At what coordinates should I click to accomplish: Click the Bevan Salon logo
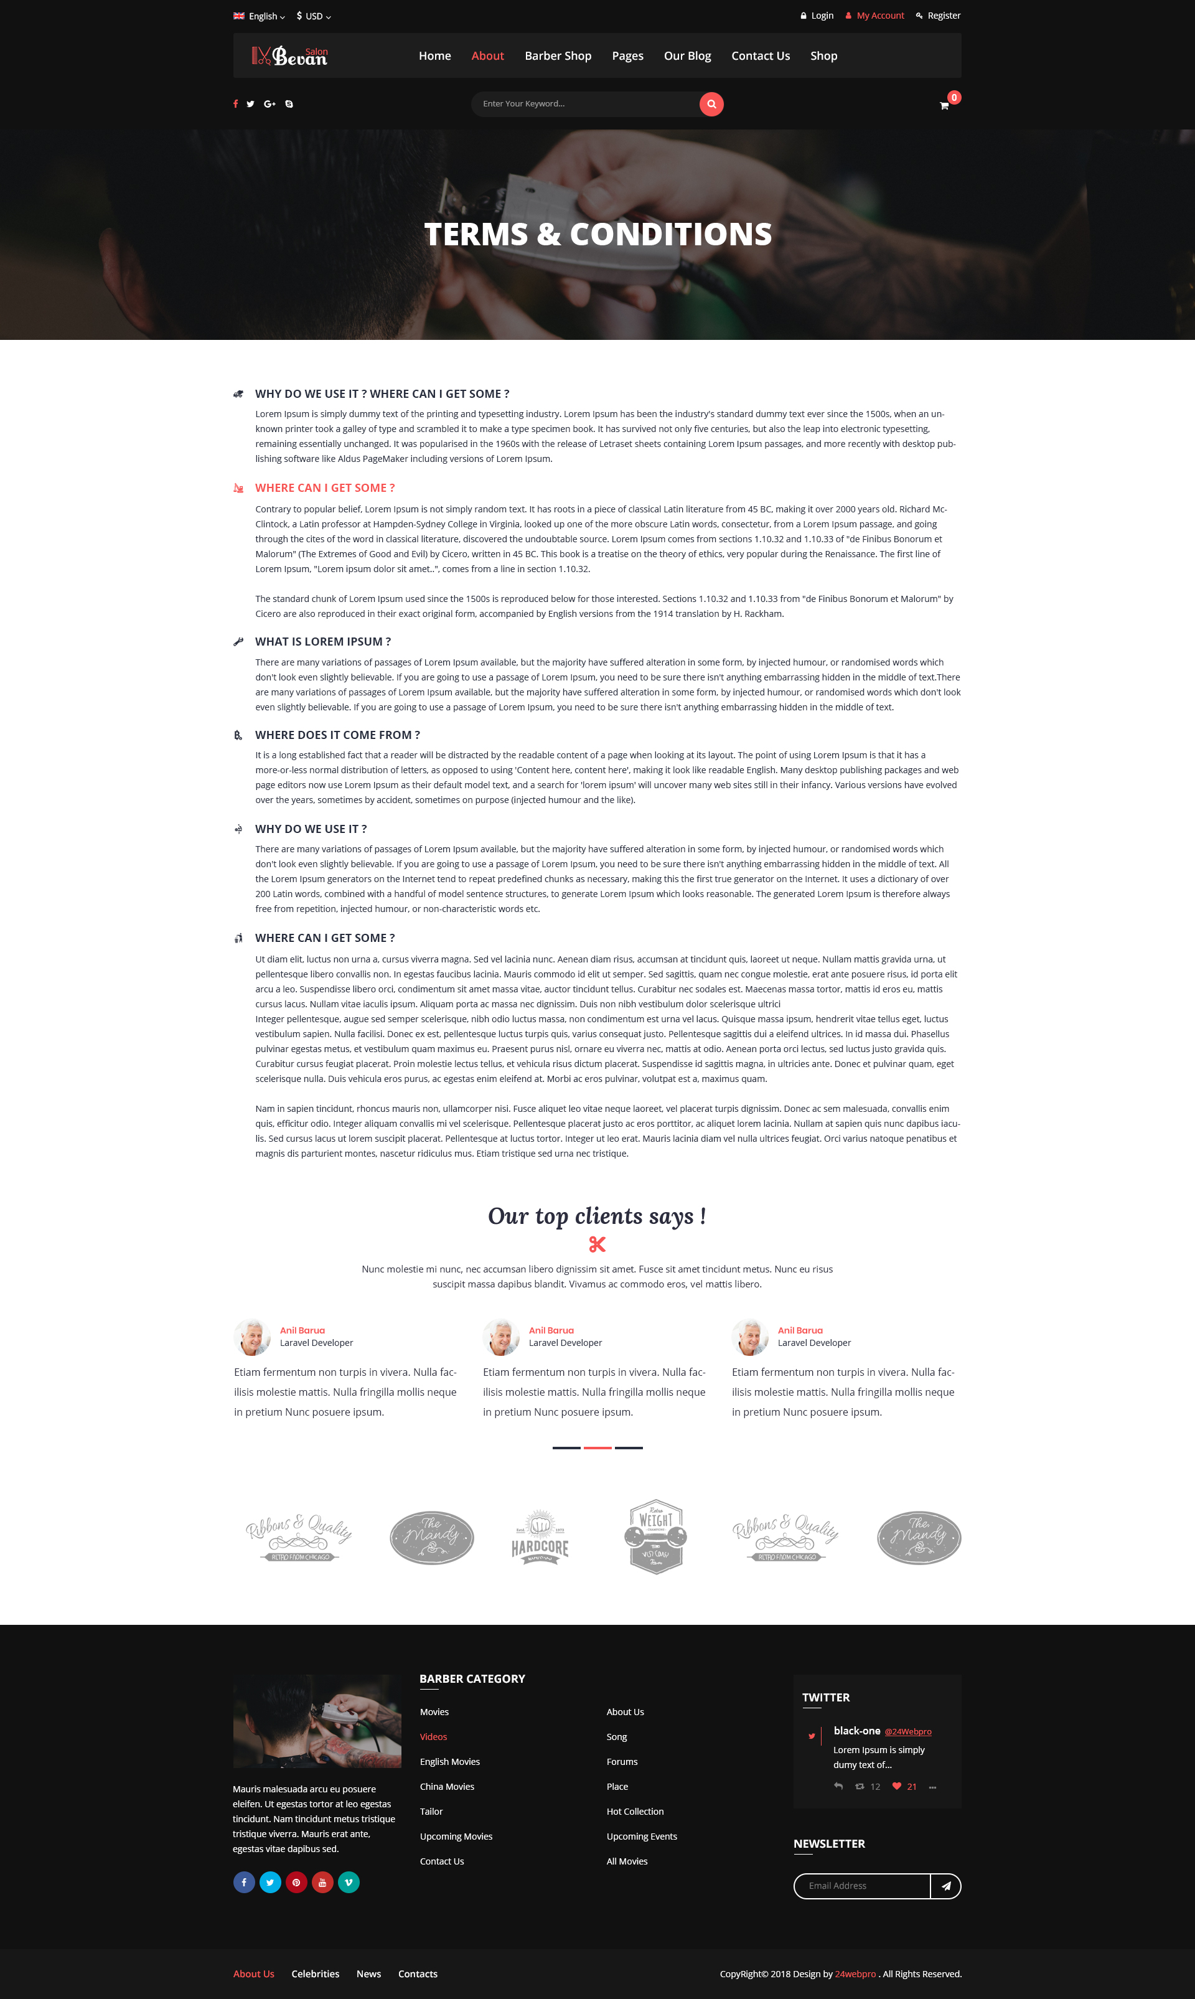pos(290,55)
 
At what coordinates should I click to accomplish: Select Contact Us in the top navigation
pos(760,55)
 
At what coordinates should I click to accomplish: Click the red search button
pos(711,104)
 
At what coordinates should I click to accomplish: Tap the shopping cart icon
pos(944,105)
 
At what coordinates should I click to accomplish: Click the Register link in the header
pos(943,16)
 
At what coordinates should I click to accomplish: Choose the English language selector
pos(260,16)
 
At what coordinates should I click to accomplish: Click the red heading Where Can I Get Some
pos(324,488)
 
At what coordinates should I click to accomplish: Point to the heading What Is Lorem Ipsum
pos(323,641)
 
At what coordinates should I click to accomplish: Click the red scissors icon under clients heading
pos(597,1244)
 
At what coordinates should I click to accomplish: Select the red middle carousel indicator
pos(597,1447)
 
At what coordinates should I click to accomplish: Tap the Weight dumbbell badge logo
pos(655,1536)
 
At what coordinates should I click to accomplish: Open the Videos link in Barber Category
pos(433,1736)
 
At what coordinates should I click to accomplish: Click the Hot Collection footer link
pos(635,1812)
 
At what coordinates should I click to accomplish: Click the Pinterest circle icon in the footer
pos(296,1882)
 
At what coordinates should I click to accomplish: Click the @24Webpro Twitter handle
pos(907,1731)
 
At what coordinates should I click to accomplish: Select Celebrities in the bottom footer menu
pos(315,1974)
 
